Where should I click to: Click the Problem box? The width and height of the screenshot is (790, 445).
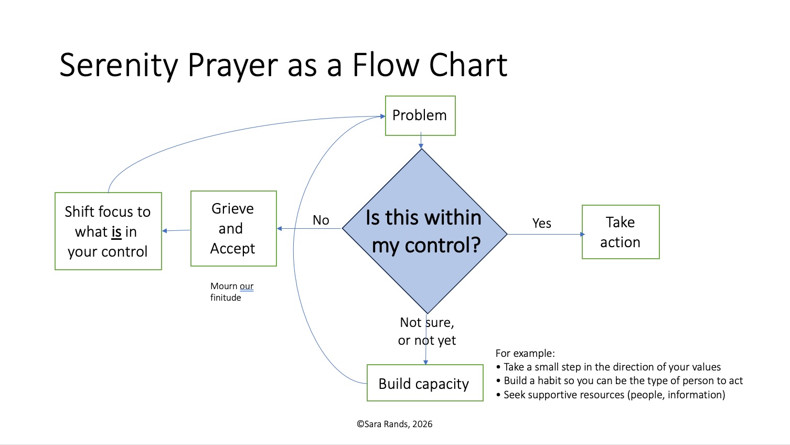420,115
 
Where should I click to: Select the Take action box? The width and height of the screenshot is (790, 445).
621,232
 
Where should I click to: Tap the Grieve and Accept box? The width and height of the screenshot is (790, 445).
233,228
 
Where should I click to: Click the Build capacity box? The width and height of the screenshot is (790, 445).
424,383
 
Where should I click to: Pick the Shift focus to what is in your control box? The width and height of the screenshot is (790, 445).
108,231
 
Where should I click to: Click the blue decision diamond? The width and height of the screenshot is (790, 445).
424,231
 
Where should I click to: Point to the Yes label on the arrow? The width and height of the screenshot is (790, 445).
541,224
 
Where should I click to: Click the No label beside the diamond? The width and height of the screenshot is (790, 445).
321,220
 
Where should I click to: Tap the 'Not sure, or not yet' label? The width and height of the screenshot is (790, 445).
426,331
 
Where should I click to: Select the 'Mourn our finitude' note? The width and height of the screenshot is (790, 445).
231,292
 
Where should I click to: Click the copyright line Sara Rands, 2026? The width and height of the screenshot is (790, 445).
394,424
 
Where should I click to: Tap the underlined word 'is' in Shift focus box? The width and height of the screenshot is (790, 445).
116,232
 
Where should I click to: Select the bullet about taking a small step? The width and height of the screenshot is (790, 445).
612,367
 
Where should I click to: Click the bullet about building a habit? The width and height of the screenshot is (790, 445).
623,380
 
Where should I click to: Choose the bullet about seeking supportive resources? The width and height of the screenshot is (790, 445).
614,395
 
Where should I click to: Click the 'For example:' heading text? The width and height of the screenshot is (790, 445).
525,353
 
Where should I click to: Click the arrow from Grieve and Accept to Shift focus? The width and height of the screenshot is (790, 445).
176,230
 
